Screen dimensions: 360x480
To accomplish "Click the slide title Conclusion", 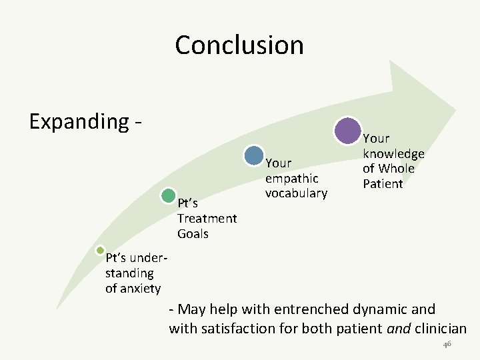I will tap(239, 45).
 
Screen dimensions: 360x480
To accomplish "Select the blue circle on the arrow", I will tap(254, 155).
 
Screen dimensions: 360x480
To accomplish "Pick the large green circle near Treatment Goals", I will tap(169, 196).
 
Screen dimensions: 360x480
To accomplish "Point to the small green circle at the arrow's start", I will tap(100, 251).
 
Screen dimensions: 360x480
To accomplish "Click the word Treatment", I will tap(207, 219).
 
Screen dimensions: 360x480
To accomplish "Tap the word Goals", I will tap(193, 234).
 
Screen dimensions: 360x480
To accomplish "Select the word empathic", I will tap(292, 179).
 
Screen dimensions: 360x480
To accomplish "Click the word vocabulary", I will tap(296, 193).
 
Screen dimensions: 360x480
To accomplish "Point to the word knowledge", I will tap(393, 154).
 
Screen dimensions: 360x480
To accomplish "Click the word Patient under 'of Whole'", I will tap(383, 183).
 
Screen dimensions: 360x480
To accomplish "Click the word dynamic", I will tap(381, 309).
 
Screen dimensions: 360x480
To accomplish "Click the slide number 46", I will tap(447, 344).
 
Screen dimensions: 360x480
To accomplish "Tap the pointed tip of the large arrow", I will tap(455, 109).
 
